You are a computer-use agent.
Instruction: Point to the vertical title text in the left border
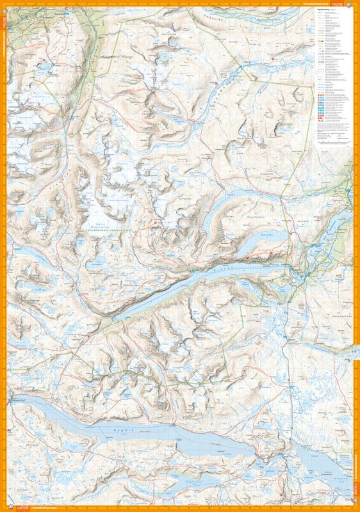point(3,51)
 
